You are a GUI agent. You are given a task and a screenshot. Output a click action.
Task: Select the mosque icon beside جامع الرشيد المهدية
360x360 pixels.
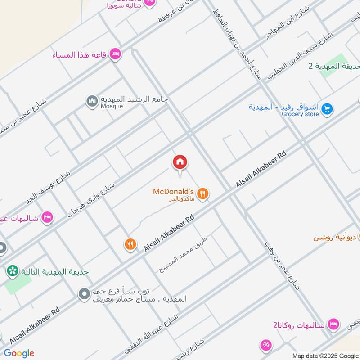click(92, 102)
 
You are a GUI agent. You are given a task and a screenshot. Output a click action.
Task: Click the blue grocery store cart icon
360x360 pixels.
click(327, 108)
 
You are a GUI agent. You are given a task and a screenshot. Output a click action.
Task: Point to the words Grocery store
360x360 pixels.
click(300, 114)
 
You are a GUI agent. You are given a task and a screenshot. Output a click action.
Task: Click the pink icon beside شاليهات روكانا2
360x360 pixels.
click(333, 324)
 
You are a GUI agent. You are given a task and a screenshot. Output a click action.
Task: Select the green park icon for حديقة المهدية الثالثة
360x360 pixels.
click(12, 271)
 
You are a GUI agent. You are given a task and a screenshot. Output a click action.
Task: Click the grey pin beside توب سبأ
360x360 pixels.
click(84, 295)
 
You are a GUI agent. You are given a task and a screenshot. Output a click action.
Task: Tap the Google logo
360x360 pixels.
click(19, 353)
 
